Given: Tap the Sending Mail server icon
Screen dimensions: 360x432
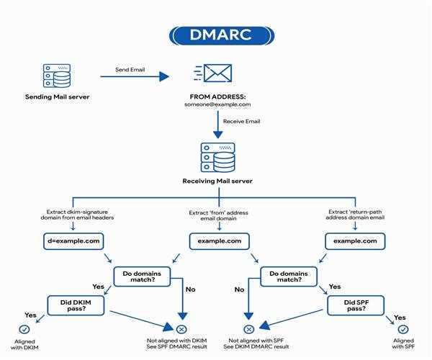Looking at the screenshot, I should click(56, 75).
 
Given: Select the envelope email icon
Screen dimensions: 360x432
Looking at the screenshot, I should click(215, 73).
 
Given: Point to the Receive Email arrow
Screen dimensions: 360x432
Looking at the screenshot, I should click(215, 122).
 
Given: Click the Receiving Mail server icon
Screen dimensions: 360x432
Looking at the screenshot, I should click(215, 157).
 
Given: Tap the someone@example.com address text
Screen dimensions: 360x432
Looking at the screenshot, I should click(215, 104).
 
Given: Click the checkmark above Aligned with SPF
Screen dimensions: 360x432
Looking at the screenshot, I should click(403, 329).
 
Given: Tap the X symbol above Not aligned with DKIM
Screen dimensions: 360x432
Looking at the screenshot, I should click(181, 329).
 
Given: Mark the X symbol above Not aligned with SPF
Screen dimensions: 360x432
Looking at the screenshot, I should click(248, 329).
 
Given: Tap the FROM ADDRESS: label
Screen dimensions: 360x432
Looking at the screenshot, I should click(215, 96).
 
